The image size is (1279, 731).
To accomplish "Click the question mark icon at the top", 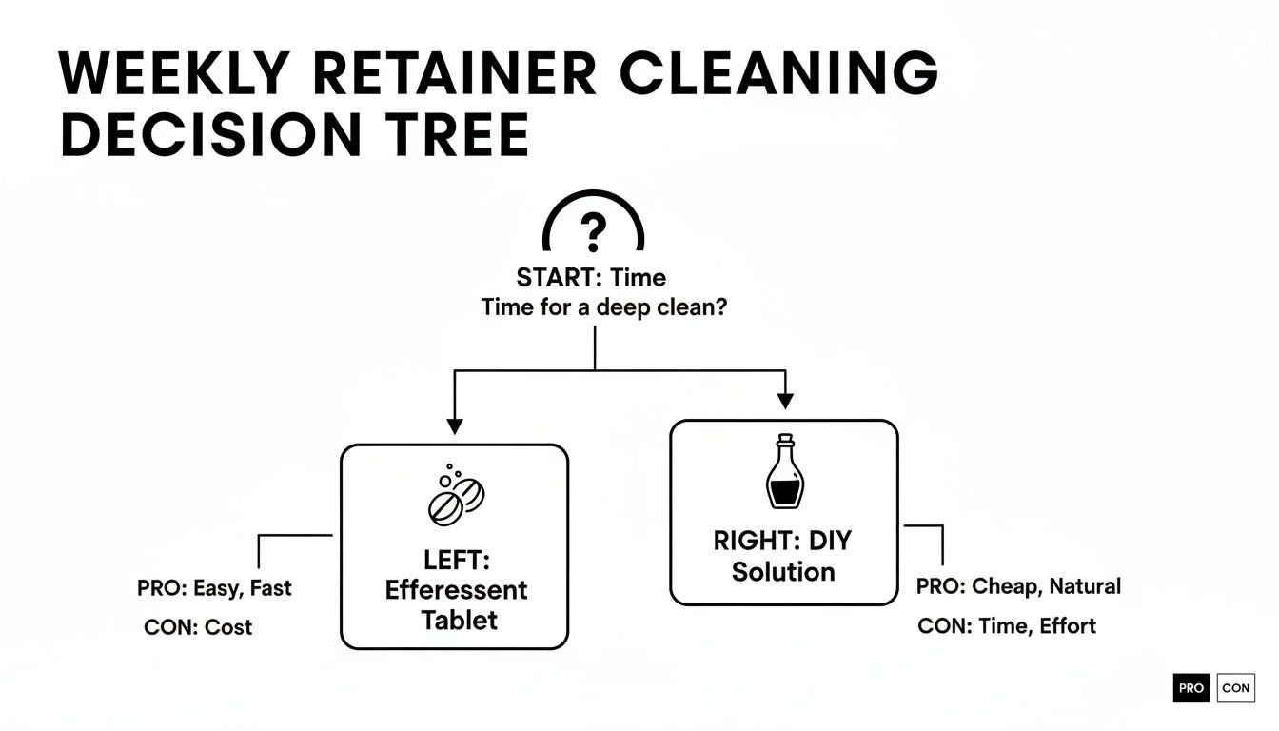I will pos(593,231).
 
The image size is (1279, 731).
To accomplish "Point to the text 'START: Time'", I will pos(591,278).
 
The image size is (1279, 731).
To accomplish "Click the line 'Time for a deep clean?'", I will pos(598,308).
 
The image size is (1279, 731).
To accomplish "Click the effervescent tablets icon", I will pos(454,496).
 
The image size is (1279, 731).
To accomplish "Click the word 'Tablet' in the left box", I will pos(459,621).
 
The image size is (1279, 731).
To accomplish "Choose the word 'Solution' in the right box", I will pos(783,572).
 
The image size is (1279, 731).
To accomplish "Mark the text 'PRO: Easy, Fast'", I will pos(214,588).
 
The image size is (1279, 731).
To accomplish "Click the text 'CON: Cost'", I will pos(198,627).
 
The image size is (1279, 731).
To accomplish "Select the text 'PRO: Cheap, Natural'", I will pos(1018,586).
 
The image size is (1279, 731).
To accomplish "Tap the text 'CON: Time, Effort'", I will pos(1007,625).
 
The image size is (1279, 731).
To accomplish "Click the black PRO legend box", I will pos(1190,688).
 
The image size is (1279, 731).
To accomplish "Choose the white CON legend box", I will pos(1235,688).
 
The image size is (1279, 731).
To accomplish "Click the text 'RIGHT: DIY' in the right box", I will pos(782,541).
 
